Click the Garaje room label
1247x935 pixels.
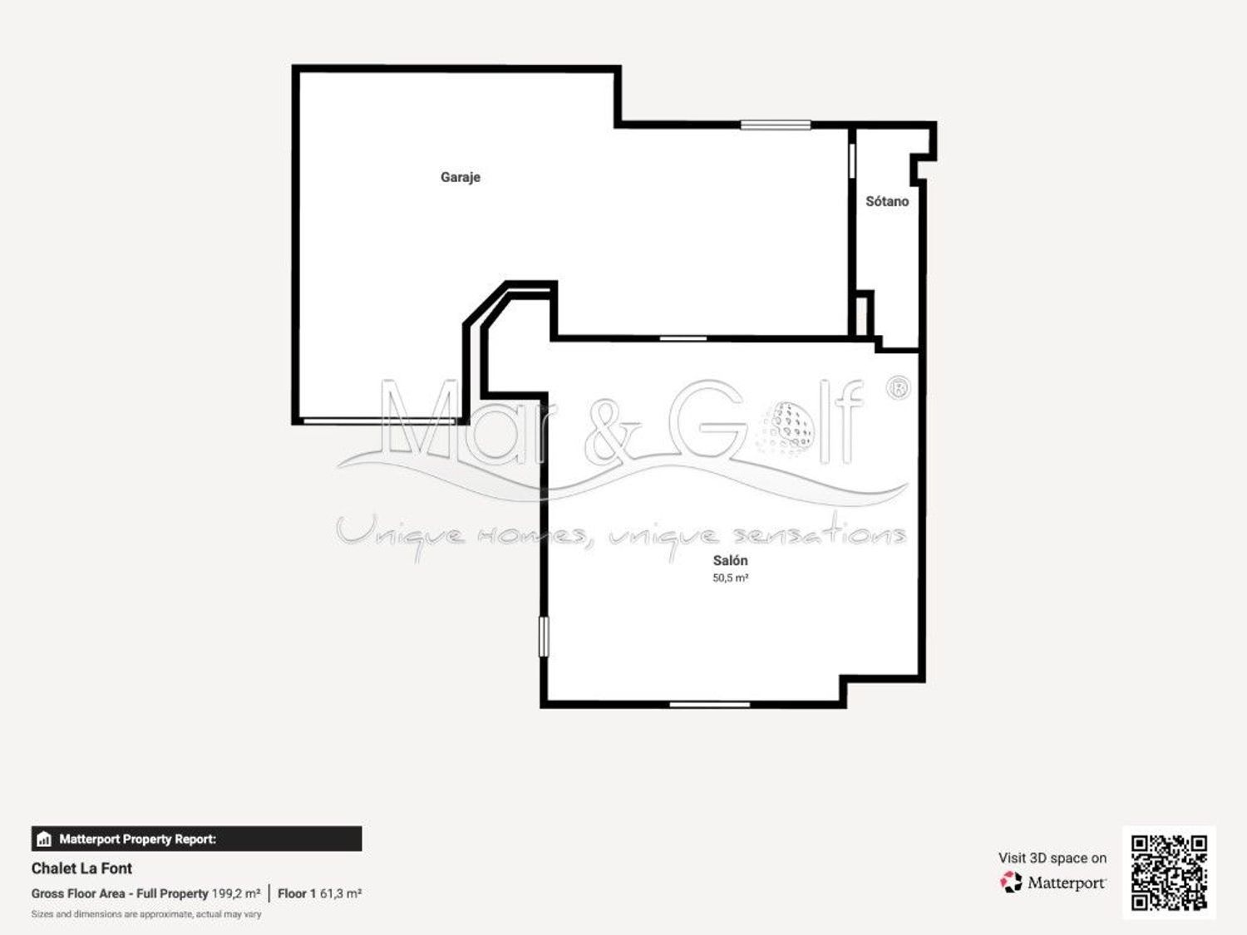click(461, 178)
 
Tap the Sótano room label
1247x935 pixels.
click(887, 201)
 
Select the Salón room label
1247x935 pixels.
click(730, 560)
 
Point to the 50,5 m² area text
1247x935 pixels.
click(730, 578)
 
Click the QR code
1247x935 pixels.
click(1169, 873)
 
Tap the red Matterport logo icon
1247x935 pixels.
click(1011, 882)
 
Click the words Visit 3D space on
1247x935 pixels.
click(1052, 859)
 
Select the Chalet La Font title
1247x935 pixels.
click(81, 868)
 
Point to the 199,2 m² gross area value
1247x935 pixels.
click(236, 893)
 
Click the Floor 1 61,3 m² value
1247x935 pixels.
click(320, 893)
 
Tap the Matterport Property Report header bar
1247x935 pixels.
click(196, 839)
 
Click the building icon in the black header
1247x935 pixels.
click(44, 839)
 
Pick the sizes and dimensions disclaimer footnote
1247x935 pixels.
click(146, 914)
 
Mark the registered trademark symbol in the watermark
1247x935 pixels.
click(898, 388)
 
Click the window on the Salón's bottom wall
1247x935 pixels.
click(710, 705)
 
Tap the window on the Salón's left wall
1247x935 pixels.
click(544, 637)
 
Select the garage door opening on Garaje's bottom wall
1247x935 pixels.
click(380, 421)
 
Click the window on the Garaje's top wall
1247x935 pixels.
click(776, 125)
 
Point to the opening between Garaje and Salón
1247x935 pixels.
click(683, 339)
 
